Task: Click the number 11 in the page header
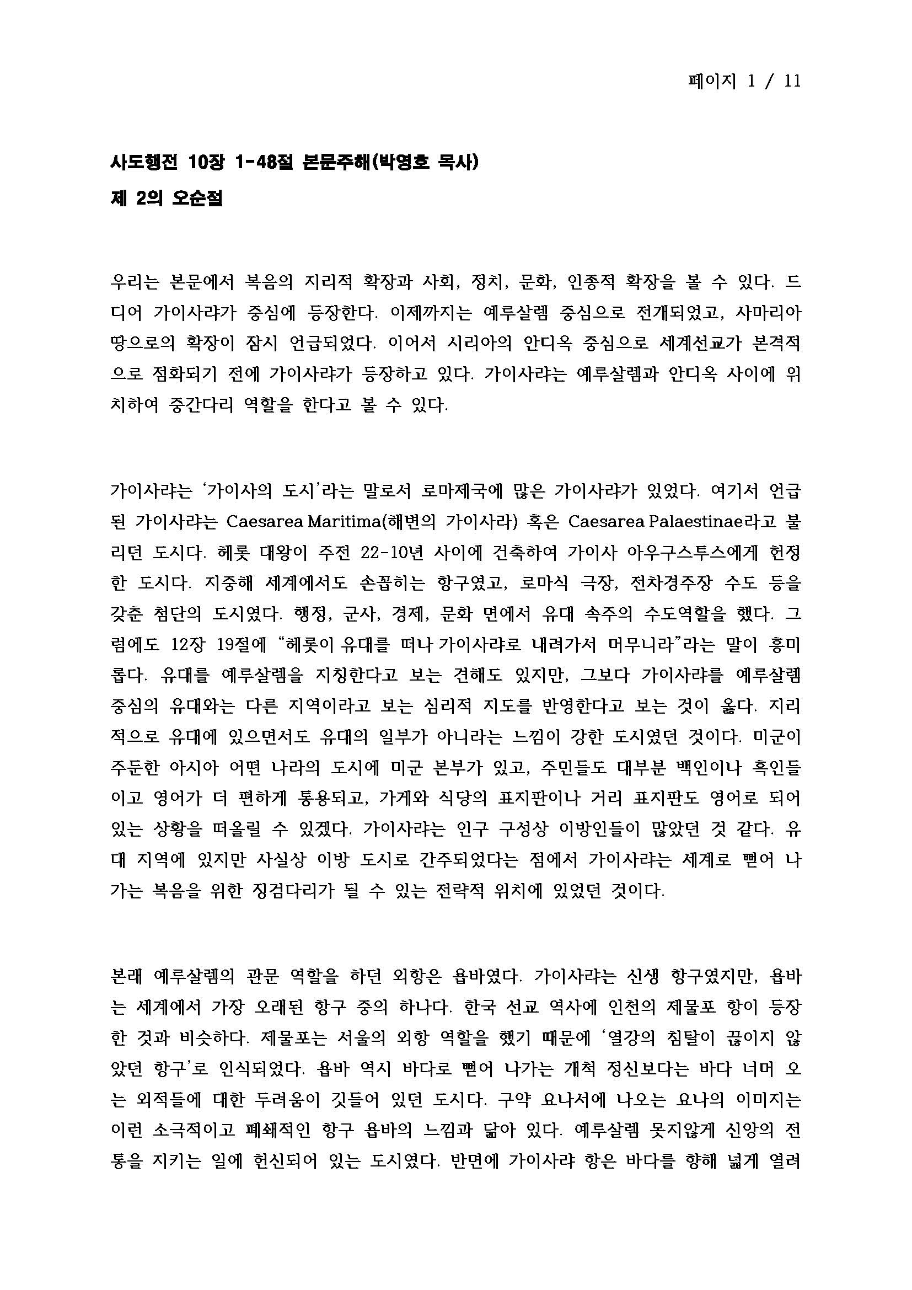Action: click(x=792, y=82)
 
